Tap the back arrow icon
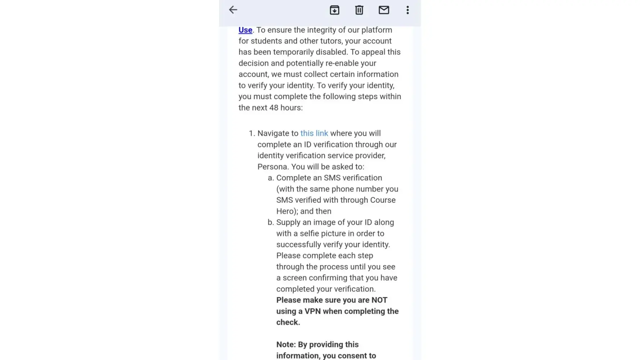pyautogui.click(x=233, y=10)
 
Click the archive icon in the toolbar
pyautogui.click(x=334, y=10)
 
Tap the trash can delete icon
pyautogui.click(x=359, y=10)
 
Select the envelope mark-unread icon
pyautogui.click(x=384, y=10)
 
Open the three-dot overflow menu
pyautogui.click(x=407, y=10)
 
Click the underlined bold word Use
pyautogui.click(x=245, y=30)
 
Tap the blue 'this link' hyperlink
pyautogui.click(x=314, y=134)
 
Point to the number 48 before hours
pyautogui.click(x=274, y=108)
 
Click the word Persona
pyautogui.click(x=272, y=167)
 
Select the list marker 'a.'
pyautogui.click(x=271, y=178)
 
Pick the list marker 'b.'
pyautogui.click(x=271, y=222)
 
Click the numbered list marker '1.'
pyautogui.click(x=252, y=134)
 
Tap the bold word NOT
pyautogui.click(x=379, y=300)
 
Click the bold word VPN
pyautogui.click(x=312, y=311)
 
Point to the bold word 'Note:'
pyautogui.click(x=286, y=345)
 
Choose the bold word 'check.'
pyautogui.click(x=288, y=323)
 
